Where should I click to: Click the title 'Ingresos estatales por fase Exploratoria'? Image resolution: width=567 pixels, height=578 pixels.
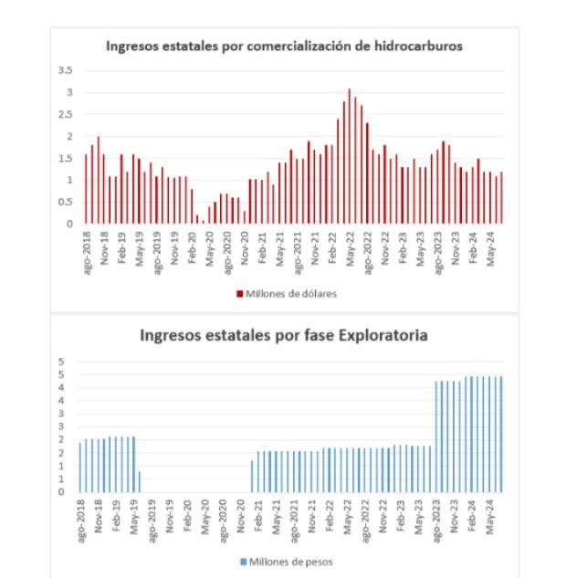click(284, 335)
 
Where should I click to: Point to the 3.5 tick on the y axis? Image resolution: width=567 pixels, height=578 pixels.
click(65, 70)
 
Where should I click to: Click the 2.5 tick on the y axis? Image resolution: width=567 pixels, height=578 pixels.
click(65, 114)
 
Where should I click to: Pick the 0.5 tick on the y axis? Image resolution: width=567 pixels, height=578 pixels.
click(65, 202)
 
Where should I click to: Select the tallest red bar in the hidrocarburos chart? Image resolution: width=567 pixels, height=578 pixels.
click(350, 155)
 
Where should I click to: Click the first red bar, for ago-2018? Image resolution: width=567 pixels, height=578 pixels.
click(86, 188)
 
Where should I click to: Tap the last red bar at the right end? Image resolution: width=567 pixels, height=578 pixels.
click(502, 197)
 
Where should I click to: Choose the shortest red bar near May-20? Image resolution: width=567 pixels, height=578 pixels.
click(203, 221)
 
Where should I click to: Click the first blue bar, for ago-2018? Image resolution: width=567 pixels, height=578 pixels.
click(80, 467)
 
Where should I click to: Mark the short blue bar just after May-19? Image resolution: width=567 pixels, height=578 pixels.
click(140, 481)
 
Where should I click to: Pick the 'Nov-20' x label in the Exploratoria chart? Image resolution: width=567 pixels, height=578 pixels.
click(242, 517)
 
